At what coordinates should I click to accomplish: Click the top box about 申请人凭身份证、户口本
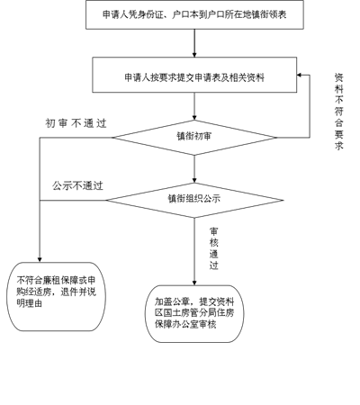click(194, 14)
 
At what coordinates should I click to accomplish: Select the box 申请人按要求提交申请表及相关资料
click(194, 75)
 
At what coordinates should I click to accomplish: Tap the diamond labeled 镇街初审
click(194, 138)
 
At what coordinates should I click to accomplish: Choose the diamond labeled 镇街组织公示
click(194, 200)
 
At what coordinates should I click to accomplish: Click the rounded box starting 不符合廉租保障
click(56, 297)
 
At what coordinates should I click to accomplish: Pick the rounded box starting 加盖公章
click(194, 313)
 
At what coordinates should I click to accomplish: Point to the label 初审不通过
click(76, 123)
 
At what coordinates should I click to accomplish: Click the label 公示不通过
click(77, 185)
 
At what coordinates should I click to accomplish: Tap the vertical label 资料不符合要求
click(339, 112)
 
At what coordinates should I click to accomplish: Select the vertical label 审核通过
click(214, 248)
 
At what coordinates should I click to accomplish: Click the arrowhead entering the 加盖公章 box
click(194, 283)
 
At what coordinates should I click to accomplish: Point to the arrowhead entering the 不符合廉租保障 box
click(40, 260)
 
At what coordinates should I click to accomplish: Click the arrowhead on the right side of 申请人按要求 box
click(300, 75)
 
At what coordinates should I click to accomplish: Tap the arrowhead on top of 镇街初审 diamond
click(194, 118)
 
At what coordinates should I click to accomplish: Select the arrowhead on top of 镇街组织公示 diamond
click(194, 180)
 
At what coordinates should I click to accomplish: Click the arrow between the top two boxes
click(194, 43)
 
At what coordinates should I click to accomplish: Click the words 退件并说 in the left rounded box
click(78, 292)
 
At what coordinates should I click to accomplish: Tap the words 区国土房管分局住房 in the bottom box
click(194, 313)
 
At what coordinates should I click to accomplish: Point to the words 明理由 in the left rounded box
click(30, 303)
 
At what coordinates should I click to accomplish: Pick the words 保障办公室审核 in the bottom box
click(185, 324)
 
